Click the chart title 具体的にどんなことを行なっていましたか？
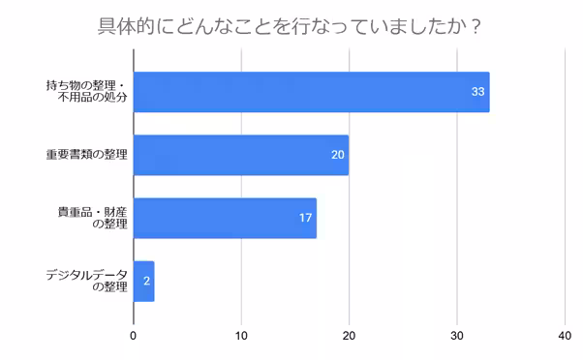click(291, 25)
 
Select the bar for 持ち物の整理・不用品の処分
click(311, 92)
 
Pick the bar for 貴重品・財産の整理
click(225, 218)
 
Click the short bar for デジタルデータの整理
click(143, 281)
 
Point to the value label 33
click(476, 92)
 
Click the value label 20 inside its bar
click(338, 155)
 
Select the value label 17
click(305, 218)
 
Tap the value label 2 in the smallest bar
click(146, 281)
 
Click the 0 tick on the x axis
click(134, 336)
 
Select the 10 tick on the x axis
click(241, 336)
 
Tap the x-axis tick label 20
click(350, 336)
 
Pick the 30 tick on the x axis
click(457, 336)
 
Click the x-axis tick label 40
click(565, 336)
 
